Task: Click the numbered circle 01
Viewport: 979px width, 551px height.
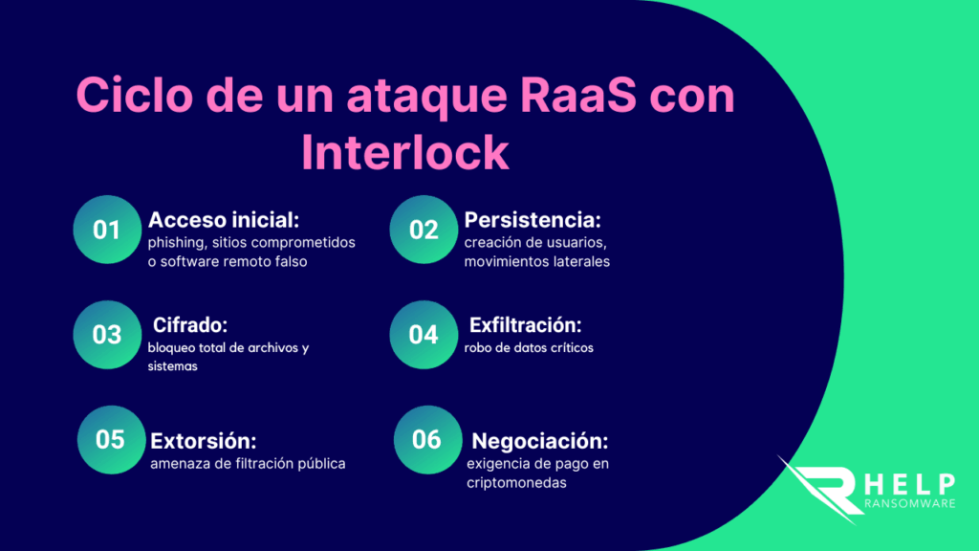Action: (107, 230)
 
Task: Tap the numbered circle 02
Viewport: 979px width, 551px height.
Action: (424, 230)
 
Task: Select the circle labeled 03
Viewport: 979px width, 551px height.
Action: (107, 335)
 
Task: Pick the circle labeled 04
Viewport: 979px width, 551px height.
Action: (424, 335)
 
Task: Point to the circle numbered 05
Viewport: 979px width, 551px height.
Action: (111, 440)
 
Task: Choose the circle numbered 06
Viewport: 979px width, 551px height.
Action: (427, 440)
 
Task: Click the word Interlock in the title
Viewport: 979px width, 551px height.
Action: (405, 152)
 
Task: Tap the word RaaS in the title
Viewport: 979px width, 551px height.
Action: (577, 96)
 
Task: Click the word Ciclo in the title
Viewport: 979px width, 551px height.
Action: (134, 95)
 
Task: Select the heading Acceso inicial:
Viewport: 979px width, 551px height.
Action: (224, 220)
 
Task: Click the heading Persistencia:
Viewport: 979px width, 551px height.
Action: (533, 220)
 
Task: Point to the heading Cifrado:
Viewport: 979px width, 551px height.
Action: (190, 325)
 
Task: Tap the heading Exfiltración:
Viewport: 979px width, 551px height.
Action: (525, 325)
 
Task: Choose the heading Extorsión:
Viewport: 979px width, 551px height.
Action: (204, 441)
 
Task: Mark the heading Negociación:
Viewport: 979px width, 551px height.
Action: (539, 441)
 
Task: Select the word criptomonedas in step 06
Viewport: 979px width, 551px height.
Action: (516, 483)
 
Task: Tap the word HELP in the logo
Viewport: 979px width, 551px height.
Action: (910, 484)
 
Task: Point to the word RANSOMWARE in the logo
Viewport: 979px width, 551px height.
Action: (910, 503)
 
